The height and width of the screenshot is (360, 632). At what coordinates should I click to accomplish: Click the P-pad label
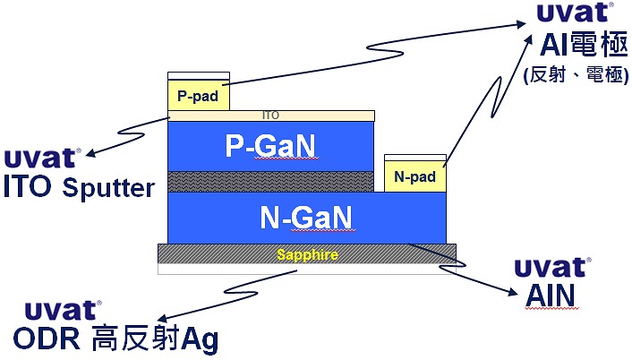coord(198,94)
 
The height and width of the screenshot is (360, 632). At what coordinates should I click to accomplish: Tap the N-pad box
coord(414,176)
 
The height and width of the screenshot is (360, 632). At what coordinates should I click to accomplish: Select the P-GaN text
coord(270,145)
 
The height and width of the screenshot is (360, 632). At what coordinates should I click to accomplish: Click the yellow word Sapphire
coord(306,255)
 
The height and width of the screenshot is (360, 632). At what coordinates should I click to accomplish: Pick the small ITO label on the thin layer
coord(270,116)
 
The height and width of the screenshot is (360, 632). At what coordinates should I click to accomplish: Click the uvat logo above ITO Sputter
coord(42,159)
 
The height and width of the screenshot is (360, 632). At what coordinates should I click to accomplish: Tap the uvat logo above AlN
coord(551,267)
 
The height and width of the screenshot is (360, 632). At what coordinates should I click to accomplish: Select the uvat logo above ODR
coord(63,311)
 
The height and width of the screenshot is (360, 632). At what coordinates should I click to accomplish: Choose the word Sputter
coord(108,187)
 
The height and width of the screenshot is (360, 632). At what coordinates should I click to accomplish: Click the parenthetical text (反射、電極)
coord(576,75)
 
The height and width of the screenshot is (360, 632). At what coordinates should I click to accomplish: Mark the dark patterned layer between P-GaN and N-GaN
coord(270,181)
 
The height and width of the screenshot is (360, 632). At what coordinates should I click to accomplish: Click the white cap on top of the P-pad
coord(199,75)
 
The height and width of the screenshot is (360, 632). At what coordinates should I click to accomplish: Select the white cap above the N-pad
coord(414,159)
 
